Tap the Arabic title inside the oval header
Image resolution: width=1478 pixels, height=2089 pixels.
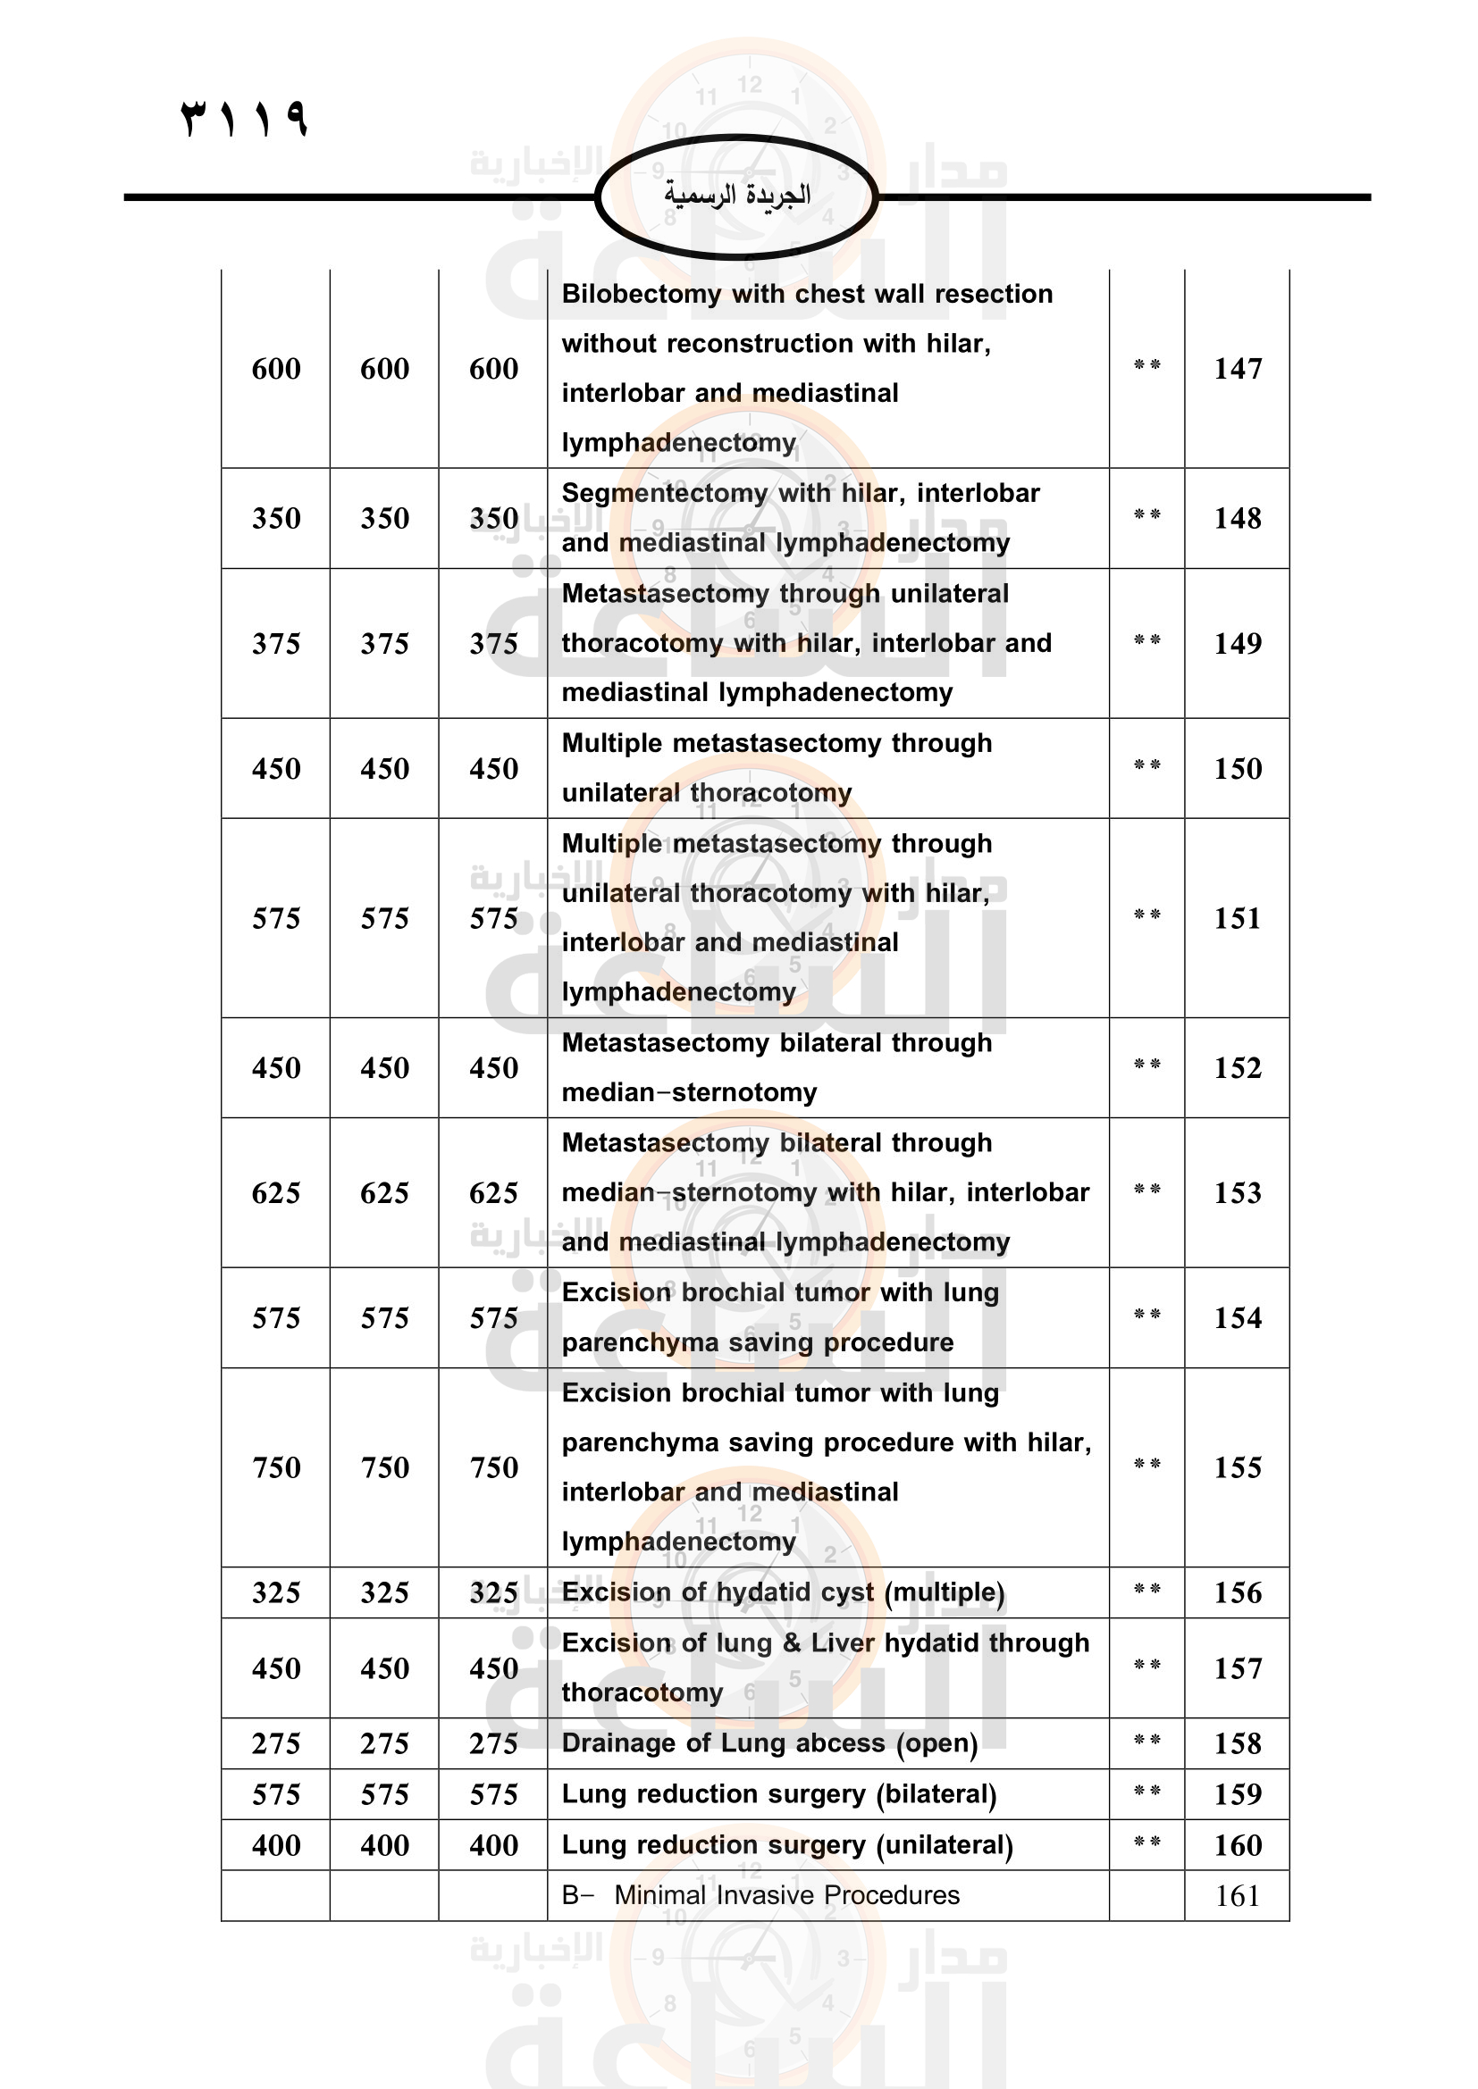pyautogui.click(x=737, y=195)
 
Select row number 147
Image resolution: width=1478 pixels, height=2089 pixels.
pyautogui.click(x=1238, y=369)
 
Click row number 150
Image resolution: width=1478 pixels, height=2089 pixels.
pyautogui.click(x=1238, y=769)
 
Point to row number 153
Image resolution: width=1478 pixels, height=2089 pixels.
pyautogui.click(x=1238, y=1193)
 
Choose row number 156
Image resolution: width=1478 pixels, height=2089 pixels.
pyautogui.click(x=1238, y=1592)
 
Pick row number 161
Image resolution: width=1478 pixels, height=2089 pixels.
pyautogui.click(x=1238, y=1896)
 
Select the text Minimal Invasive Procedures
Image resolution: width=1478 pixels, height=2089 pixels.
pyautogui.click(x=787, y=1895)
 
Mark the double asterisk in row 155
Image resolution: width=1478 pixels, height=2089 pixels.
pyautogui.click(x=1146, y=1464)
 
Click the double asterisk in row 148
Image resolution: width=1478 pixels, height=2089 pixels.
pyautogui.click(x=1146, y=515)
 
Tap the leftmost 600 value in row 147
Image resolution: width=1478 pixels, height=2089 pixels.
pyautogui.click(x=276, y=369)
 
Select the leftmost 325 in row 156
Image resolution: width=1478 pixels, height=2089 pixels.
pyautogui.click(x=276, y=1592)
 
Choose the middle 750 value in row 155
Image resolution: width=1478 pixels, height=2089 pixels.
pyautogui.click(x=385, y=1467)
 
